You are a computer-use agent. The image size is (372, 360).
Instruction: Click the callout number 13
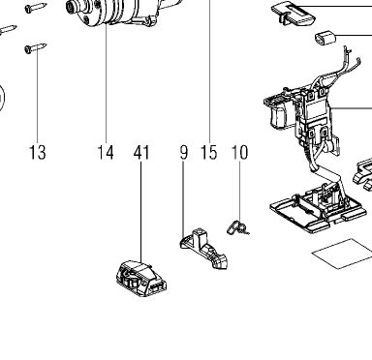point(38,152)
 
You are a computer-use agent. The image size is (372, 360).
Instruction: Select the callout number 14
point(106,152)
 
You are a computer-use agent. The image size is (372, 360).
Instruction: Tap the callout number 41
point(141,152)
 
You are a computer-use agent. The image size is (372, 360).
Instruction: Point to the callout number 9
point(183,152)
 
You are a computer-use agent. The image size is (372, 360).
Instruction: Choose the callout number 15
point(209,152)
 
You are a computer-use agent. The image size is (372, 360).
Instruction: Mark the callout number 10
point(240,152)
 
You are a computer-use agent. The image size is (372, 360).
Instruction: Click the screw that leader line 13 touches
point(36,48)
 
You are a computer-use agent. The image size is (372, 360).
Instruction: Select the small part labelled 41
point(141,278)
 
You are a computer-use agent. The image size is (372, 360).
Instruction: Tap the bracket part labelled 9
point(203,248)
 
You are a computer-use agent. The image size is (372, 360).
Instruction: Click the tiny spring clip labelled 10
point(237,227)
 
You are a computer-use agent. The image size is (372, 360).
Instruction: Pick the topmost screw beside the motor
point(36,8)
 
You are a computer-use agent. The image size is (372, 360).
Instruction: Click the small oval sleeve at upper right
point(325,38)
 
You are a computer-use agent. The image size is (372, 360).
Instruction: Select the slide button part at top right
point(294,14)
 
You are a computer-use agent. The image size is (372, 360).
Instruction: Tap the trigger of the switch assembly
point(278,116)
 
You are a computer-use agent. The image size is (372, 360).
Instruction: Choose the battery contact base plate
point(318,210)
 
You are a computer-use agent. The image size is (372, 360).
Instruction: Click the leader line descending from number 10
point(240,191)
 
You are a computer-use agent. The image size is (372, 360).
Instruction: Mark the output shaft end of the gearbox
point(71,8)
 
